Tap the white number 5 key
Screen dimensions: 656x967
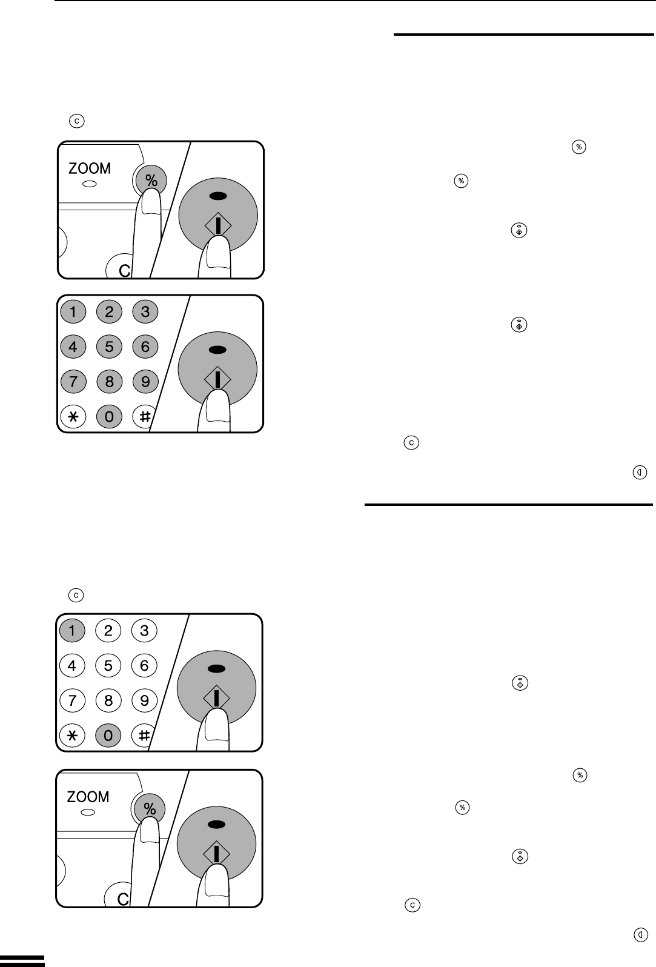coord(108,665)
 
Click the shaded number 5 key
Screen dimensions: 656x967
coord(109,347)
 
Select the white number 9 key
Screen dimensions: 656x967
coord(144,700)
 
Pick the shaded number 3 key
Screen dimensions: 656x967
coord(145,311)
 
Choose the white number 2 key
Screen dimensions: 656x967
coord(108,630)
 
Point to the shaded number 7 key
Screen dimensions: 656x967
coord(73,382)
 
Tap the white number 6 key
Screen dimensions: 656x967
coord(144,665)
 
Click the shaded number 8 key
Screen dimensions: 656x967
coord(109,382)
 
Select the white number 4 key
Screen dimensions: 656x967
coord(72,665)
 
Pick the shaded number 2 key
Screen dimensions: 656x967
coord(109,311)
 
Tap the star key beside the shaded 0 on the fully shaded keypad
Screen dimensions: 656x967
coord(73,417)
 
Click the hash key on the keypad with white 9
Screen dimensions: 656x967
coord(143,735)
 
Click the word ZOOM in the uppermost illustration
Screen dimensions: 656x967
coord(90,168)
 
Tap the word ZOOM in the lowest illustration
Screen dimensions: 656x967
coord(88,797)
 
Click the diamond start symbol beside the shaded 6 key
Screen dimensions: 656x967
coord(218,379)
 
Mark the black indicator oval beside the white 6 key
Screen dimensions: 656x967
coord(216,669)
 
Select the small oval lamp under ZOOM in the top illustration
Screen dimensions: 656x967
coord(90,184)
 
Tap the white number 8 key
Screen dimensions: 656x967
coord(108,700)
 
